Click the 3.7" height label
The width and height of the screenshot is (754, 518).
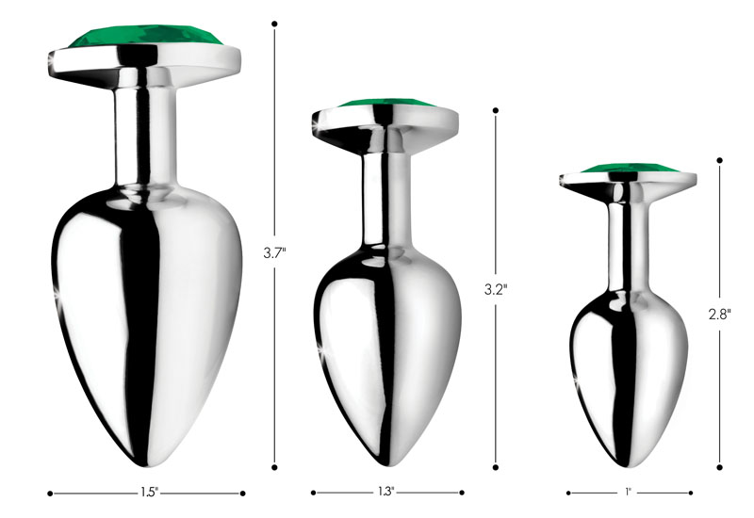point(274,251)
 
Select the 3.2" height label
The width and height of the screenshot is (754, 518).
point(496,289)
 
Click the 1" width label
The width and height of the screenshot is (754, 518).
point(628,492)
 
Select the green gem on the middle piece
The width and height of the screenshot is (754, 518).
point(385,105)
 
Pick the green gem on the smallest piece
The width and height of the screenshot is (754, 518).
point(626,170)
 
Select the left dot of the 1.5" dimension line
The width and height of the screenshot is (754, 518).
point(49,492)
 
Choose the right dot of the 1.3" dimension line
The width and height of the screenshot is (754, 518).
point(462,492)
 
